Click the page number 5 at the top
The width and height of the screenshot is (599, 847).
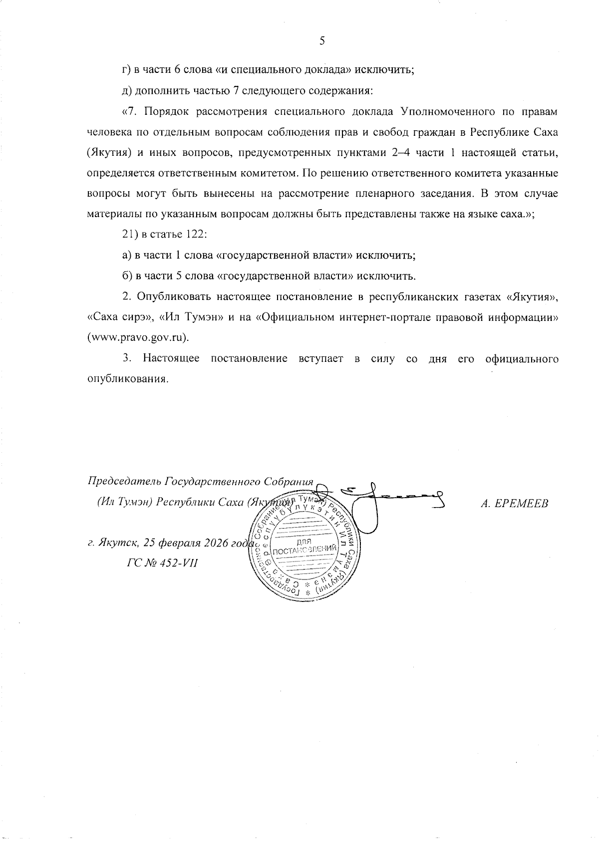coord(322,41)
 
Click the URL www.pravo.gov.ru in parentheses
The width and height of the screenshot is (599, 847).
coord(138,337)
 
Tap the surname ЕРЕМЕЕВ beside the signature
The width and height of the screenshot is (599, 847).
coord(514,504)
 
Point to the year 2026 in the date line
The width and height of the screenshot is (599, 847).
coord(215,543)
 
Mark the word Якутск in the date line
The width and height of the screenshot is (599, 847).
coord(114,543)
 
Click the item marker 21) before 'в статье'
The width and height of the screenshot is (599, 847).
coord(131,235)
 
